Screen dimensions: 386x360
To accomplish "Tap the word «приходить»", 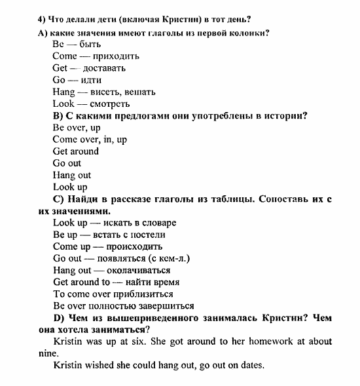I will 117,56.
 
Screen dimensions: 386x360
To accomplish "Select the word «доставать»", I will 103,68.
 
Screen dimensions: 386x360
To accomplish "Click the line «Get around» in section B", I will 76,151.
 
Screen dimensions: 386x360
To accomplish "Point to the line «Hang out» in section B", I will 72,175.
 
